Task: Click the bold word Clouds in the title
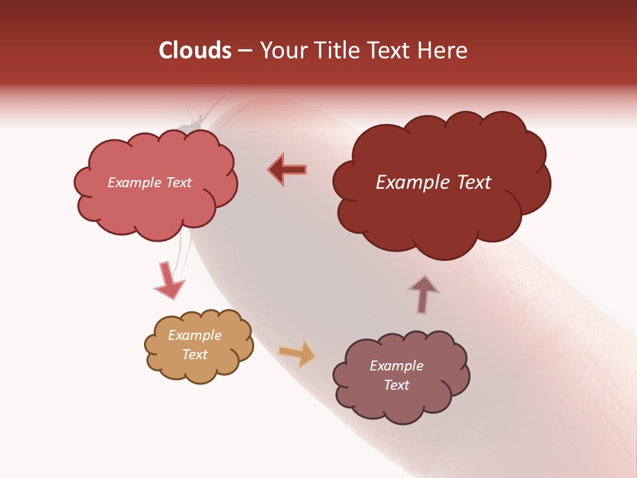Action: click(195, 50)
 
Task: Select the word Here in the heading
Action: click(443, 50)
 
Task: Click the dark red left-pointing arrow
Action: click(287, 170)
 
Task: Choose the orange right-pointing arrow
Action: click(297, 354)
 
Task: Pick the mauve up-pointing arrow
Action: click(423, 293)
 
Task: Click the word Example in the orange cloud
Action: click(194, 335)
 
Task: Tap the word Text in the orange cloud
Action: click(195, 355)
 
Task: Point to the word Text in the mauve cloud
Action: click(396, 385)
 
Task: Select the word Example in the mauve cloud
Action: click(396, 366)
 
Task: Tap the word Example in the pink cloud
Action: click(133, 183)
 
